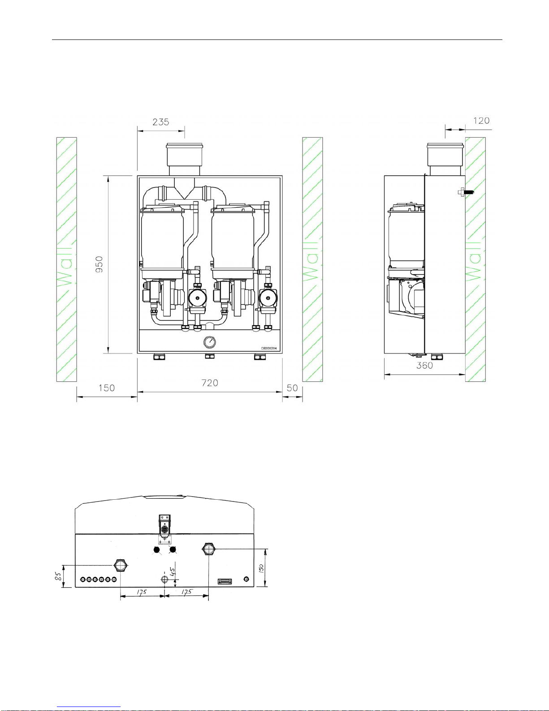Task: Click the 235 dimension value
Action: point(161,122)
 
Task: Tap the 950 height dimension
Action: point(99,264)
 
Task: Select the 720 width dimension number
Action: point(210,383)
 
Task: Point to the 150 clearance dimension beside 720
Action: point(107,388)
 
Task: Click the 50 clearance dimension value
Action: point(292,388)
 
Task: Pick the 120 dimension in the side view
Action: point(481,121)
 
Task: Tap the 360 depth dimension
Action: point(424,366)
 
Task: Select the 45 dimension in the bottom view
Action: point(173,571)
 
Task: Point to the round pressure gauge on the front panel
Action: point(209,342)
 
